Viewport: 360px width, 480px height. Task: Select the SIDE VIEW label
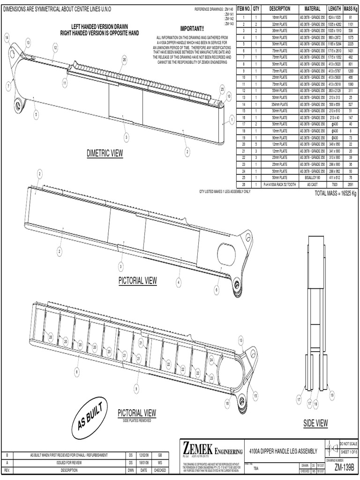(x=315, y=423)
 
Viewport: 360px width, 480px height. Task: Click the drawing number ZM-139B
(x=345, y=468)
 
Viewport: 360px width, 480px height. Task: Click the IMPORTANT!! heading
(x=192, y=30)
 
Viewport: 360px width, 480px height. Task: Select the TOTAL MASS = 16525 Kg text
(x=335, y=194)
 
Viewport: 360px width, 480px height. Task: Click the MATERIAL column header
(x=312, y=9)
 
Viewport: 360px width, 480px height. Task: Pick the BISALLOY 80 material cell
(x=312, y=178)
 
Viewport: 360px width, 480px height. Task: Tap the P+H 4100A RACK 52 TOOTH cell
(x=280, y=185)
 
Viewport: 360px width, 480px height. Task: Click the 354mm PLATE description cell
(x=280, y=104)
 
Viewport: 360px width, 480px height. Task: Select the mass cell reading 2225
(x=350, y=44)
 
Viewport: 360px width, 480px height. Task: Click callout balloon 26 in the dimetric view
(x=124, y=59)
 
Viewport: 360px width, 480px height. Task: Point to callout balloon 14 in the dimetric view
(x=7, y=37)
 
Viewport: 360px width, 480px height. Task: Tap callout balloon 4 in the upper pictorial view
(x=179, y=282)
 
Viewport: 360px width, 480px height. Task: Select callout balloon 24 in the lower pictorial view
(x=211, y=360)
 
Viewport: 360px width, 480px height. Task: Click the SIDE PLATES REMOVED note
(x=136, y=420)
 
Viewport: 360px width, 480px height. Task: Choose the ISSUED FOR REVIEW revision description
(x=70, y=462)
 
